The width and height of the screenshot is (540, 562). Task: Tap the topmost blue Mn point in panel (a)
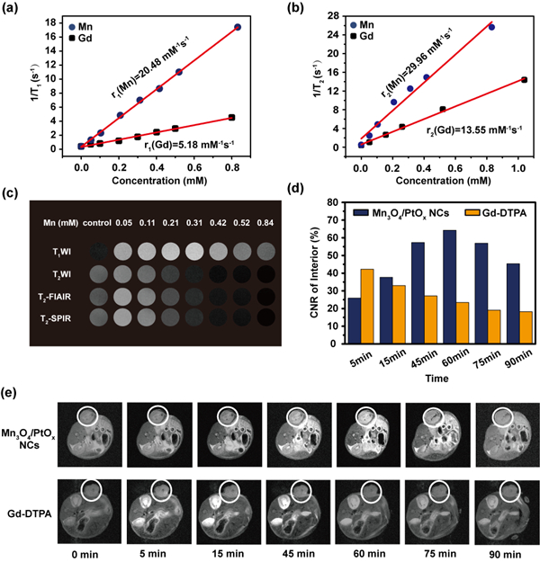pos(238,27)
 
